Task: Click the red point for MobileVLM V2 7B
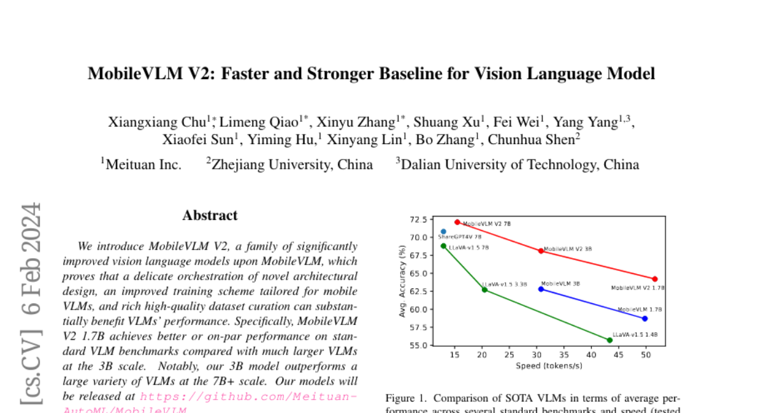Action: tap(457, 222)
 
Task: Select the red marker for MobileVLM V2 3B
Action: tap(541, 250)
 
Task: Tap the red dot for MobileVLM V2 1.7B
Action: tap(654, 279)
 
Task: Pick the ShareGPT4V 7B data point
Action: tap(443, 231)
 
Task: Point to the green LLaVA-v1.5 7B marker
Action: tap(443, 245)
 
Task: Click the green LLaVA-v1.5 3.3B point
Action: tap(485, 289)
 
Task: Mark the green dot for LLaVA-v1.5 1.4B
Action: tap(609, 340)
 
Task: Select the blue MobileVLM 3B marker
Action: tap(541, 289)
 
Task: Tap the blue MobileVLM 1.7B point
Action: tap(645, 318)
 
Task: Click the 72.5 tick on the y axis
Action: tap(418, 219)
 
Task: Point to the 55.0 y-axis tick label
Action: tap(418, 345)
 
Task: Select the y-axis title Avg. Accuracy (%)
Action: tap(402, 282)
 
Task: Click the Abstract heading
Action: tap(210, 215)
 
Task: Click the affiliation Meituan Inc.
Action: tap(143, 164)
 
